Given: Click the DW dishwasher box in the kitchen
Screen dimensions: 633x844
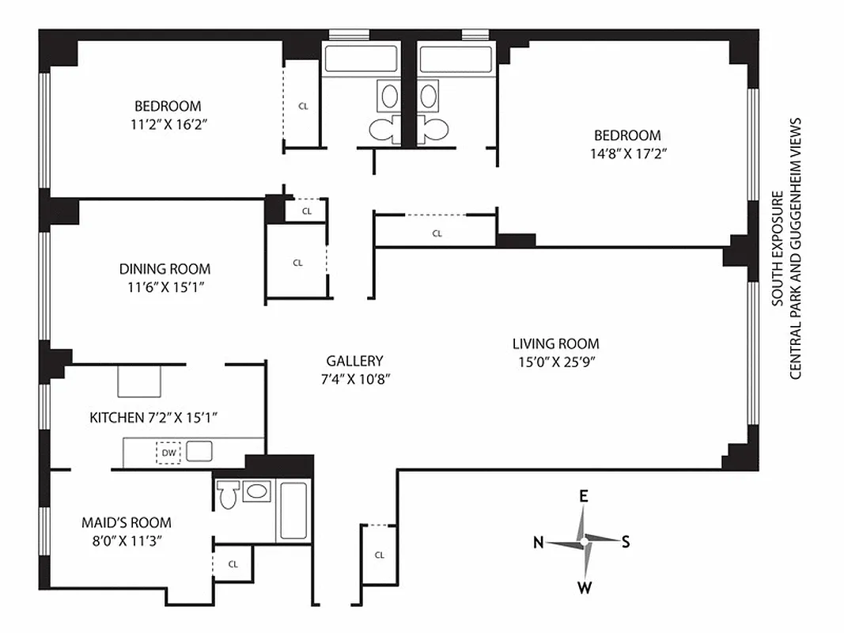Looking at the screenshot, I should point(168,453).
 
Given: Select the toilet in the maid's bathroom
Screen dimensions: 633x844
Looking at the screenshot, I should point(229,496).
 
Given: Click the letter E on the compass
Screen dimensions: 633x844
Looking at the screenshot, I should point(584,496).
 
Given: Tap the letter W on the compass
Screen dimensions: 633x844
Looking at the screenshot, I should point(585,587).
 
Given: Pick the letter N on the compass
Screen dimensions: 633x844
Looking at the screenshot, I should point(538,542).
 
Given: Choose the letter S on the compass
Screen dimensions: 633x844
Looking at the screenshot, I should point(626,542).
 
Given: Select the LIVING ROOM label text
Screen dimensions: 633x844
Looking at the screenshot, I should point(555,343).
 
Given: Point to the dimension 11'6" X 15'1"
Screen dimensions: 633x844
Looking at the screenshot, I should point(165,287).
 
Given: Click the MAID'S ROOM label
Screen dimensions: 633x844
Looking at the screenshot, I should point(127,523).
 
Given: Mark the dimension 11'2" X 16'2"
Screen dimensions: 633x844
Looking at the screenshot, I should point(168,124).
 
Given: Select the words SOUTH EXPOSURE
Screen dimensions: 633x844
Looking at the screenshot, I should point(778,248).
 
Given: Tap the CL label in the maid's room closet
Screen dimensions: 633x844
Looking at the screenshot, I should point(233,564).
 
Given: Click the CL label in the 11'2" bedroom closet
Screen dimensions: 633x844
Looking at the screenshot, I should point(303,105).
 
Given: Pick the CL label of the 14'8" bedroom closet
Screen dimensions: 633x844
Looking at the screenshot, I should point(437,233).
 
